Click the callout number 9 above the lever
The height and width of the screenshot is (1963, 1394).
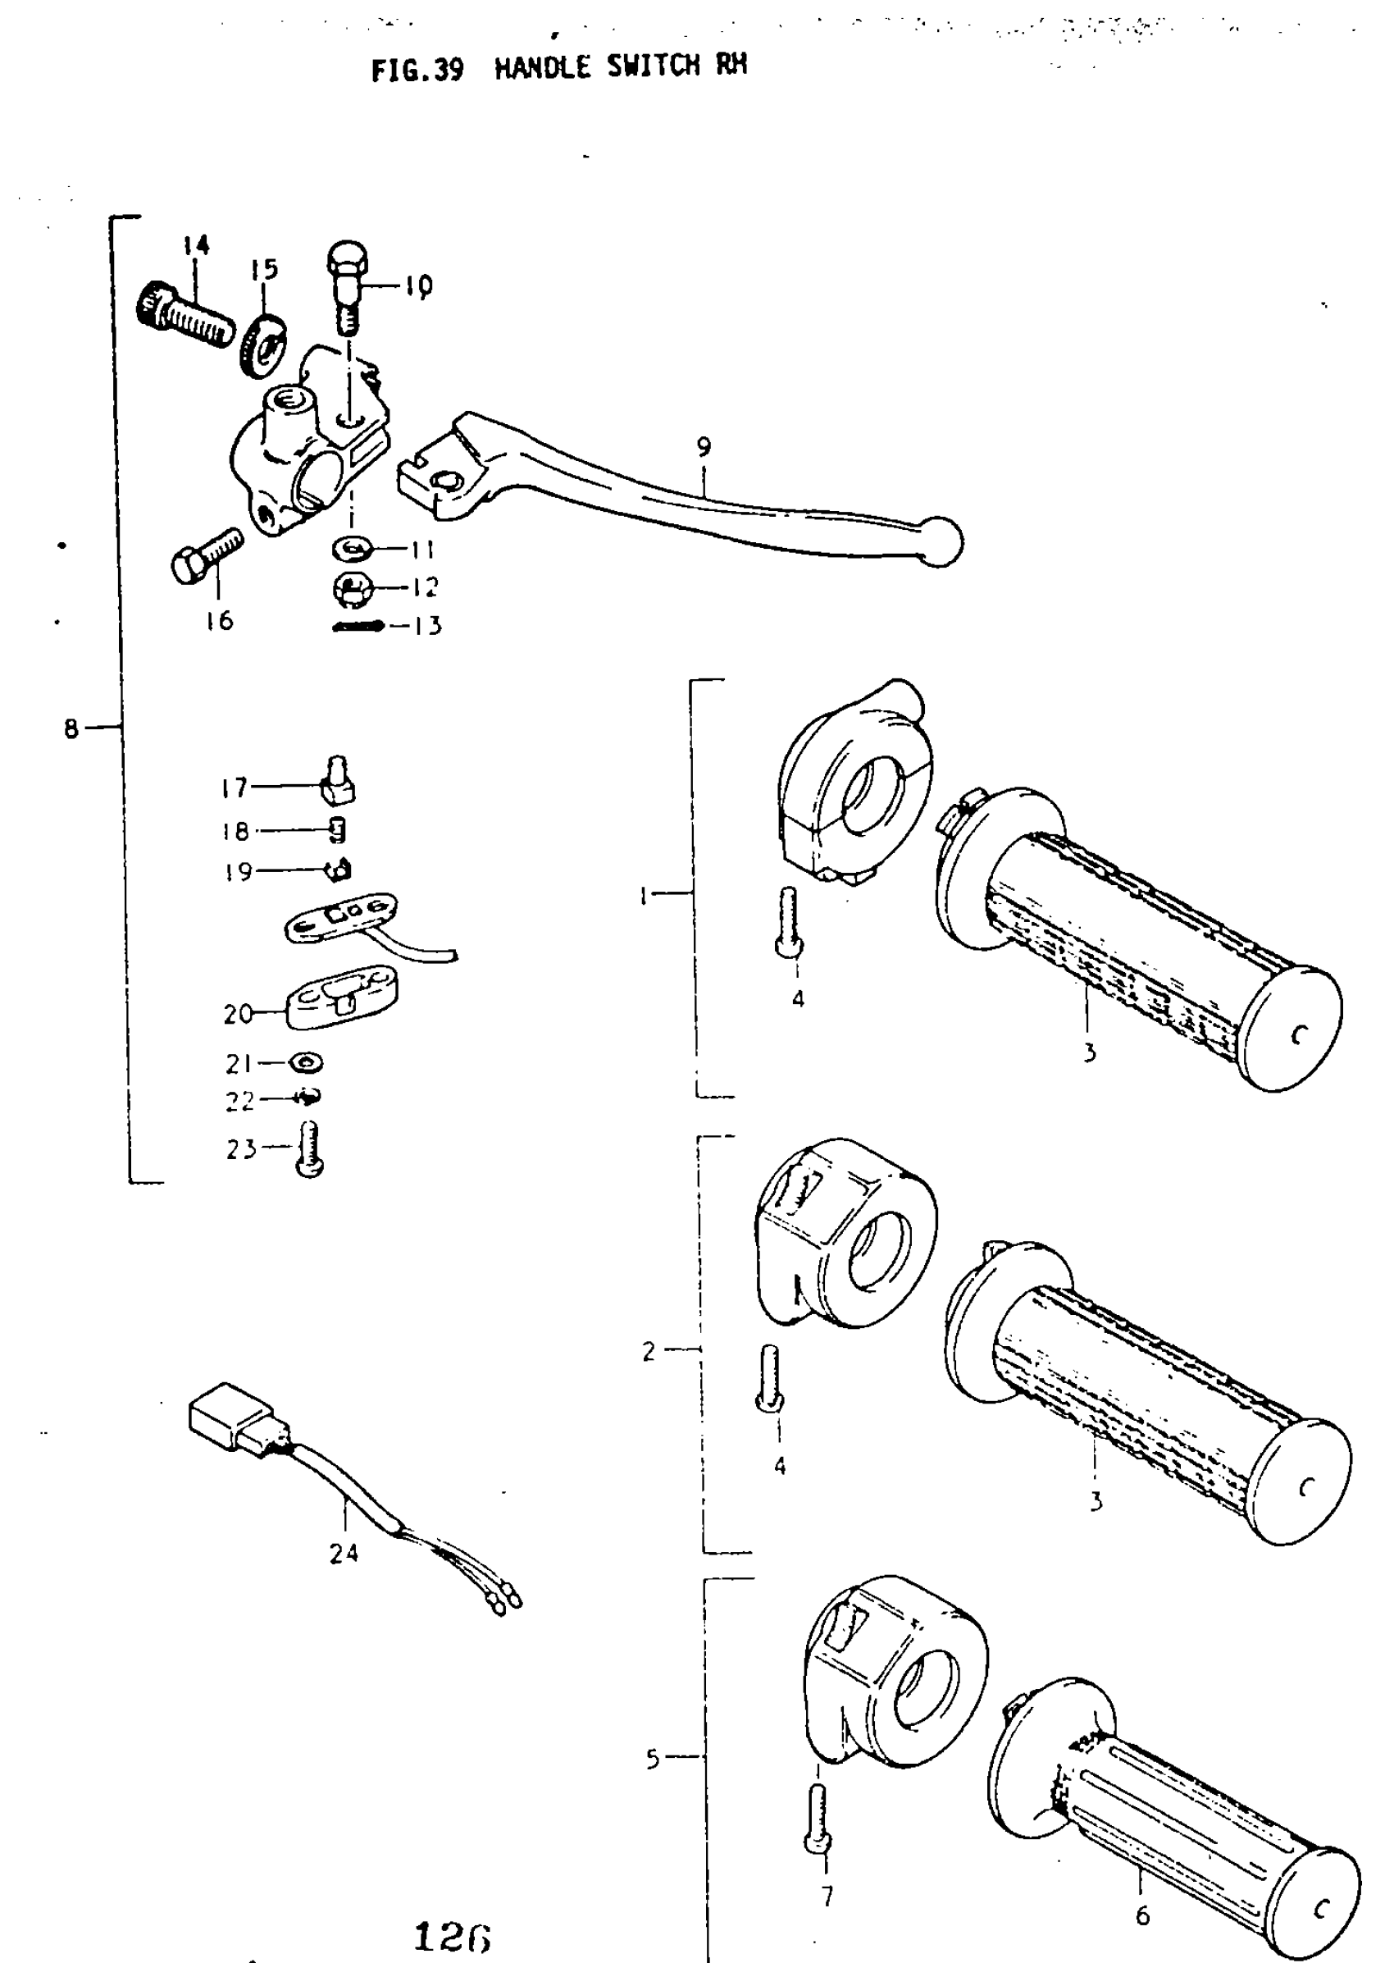pos(704,446)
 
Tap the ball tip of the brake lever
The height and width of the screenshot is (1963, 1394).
pos(941,541)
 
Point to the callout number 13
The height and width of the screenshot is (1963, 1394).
pos(426,626)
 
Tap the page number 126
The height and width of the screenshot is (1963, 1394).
pos(452,1938)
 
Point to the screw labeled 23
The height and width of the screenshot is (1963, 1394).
pos(312,1149)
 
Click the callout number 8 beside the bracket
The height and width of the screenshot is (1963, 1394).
pos(71,729)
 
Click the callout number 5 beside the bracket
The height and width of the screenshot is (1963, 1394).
pos(653,1760)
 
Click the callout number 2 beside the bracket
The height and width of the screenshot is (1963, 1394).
pos(649,1352)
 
